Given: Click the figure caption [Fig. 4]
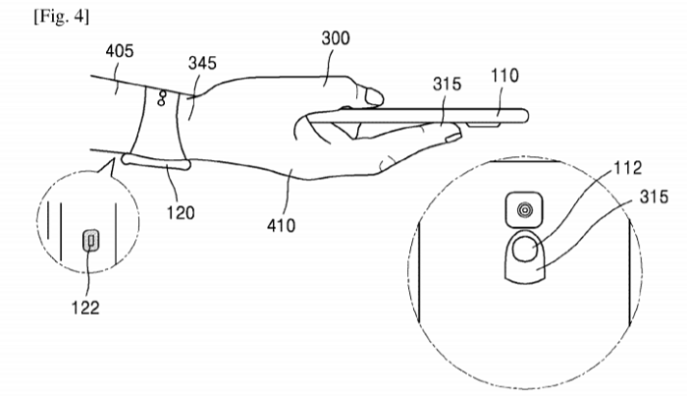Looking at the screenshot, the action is pos(61,17).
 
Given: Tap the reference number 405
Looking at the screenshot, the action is pos(119,51).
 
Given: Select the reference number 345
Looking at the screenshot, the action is pos(202,63).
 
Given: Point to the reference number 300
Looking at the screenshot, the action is pos(336,38).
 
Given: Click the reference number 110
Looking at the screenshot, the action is pos(504,76).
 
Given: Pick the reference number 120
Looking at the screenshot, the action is pos(181,212).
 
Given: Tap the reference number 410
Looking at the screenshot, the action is pos(282,225).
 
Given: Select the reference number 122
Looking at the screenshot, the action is pos(85,308).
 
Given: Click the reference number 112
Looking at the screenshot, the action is pos(628,167).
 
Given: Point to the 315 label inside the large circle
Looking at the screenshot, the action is pos(655,197).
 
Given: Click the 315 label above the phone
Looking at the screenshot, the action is pos(447,84).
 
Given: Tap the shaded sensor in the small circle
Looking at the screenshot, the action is pos(91,241).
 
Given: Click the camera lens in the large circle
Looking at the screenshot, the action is pos(524,210).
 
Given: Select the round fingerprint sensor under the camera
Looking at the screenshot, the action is pos(524,249).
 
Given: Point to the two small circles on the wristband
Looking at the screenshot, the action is pos(161,98).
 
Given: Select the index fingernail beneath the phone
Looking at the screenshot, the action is pos(451,139).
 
